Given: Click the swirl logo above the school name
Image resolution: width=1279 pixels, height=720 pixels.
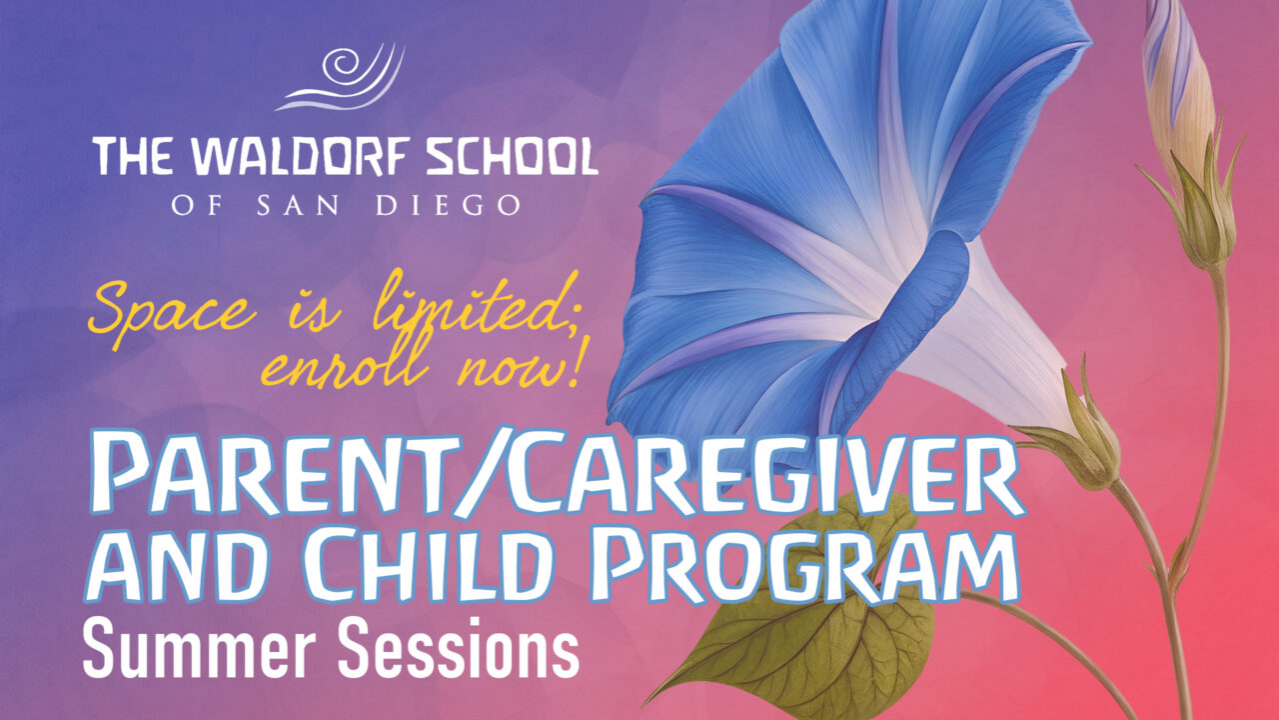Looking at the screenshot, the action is click(341, 78).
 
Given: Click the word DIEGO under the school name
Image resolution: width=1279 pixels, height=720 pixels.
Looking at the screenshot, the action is click(448, 206).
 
